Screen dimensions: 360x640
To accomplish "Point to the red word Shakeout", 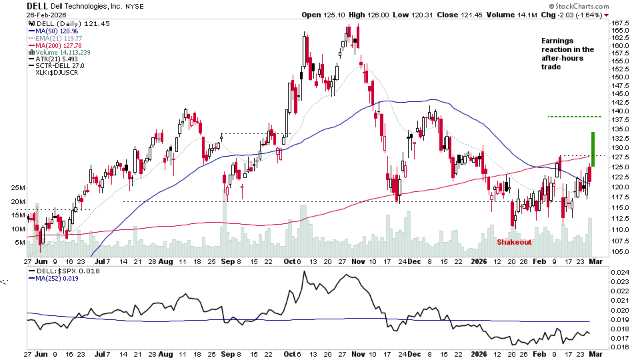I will (514, 242).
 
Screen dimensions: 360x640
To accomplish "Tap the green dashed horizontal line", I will (574, 117).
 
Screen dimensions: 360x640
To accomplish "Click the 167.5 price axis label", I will (623, 22).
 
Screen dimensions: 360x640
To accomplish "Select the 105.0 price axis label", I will (623, 251).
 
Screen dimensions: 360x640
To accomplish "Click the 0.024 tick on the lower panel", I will (621, 272).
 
